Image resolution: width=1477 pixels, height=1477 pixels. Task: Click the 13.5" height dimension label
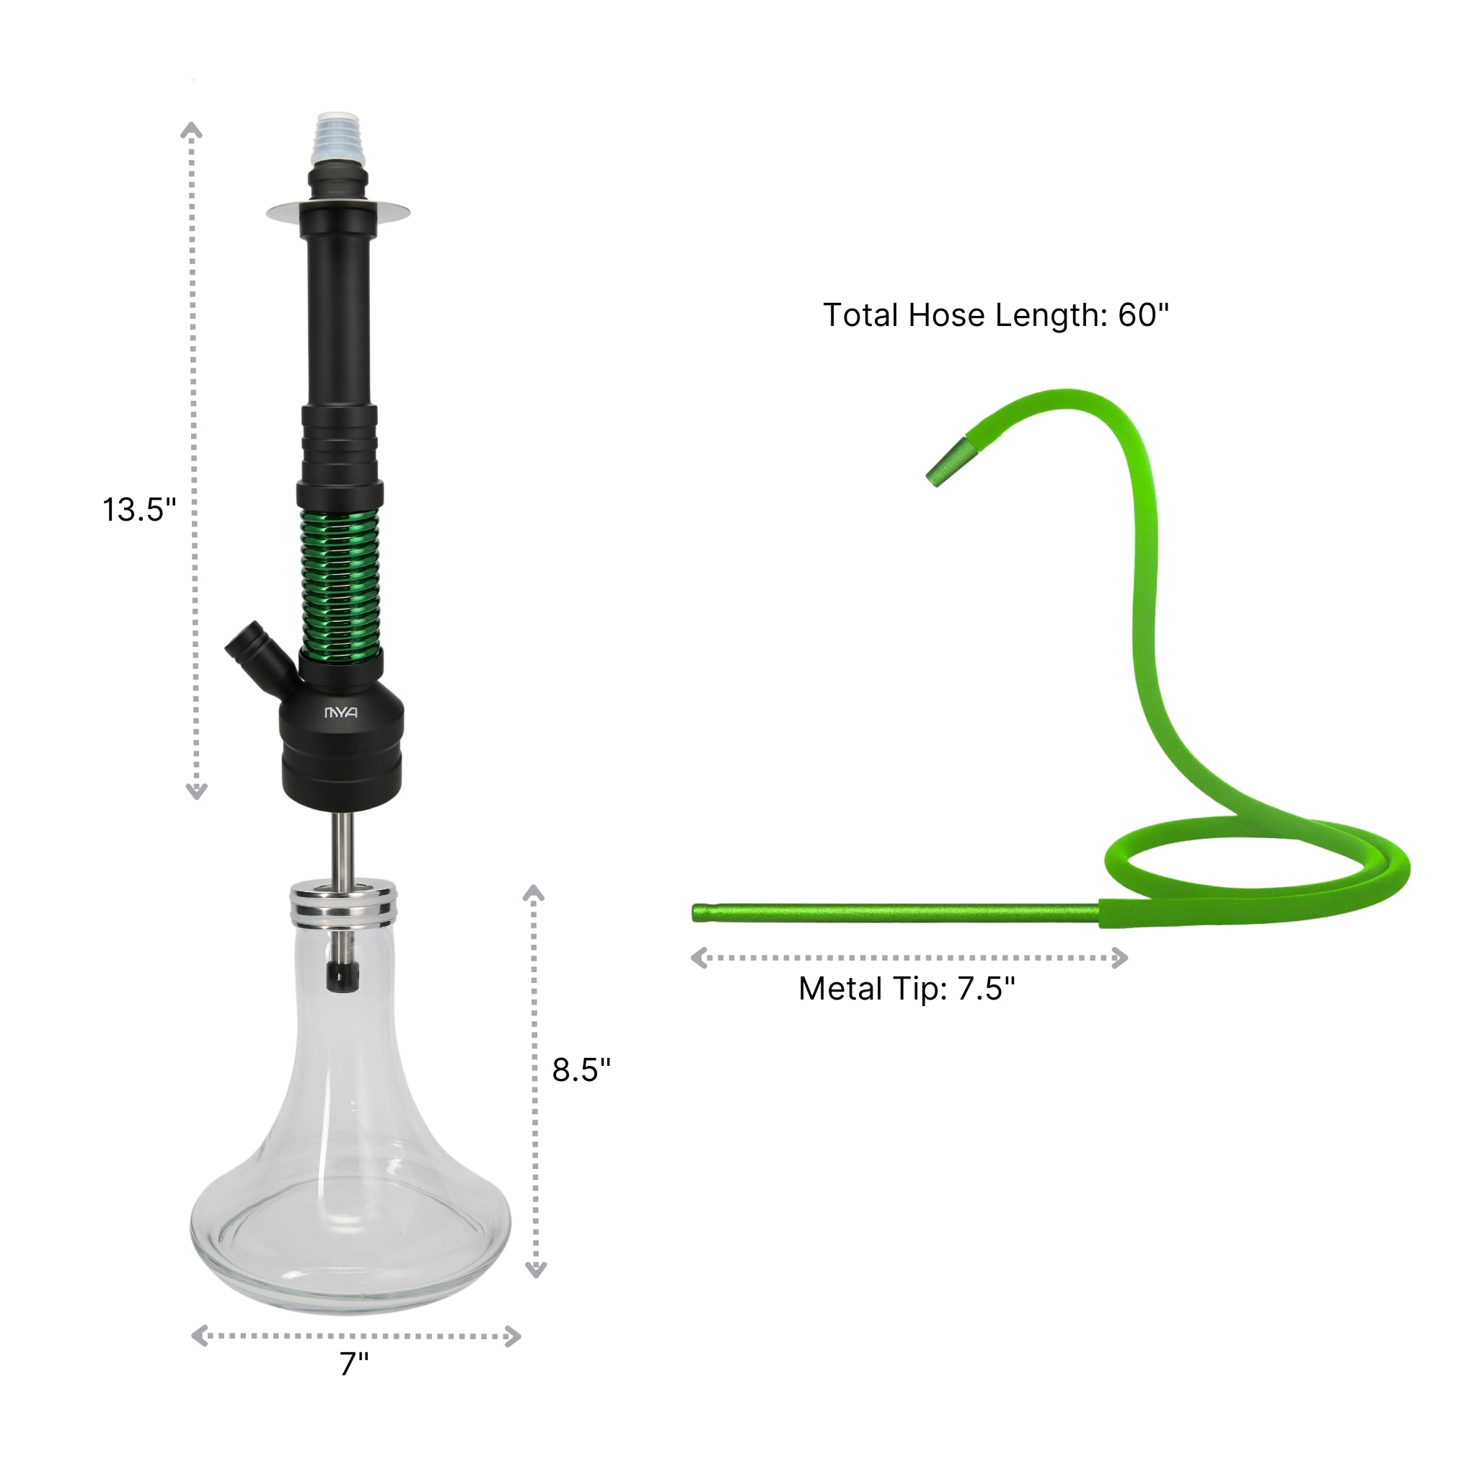[139, 510]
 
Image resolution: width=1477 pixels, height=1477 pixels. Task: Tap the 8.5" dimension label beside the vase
[581, 1070]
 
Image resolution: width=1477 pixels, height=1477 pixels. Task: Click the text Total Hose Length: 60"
[995, 315]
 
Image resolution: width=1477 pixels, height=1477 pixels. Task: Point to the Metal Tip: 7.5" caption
[907, 989]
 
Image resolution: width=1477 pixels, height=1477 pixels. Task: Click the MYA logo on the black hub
[341, 713]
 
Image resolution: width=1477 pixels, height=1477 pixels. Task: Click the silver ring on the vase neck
[343, 902]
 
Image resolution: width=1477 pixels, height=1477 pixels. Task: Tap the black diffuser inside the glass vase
[343, 976]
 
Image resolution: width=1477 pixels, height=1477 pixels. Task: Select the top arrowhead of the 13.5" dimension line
[191, 130]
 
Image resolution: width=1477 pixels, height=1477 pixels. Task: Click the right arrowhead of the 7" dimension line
[513, 1336]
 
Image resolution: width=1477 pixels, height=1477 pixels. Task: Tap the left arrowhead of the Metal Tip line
[699, 958]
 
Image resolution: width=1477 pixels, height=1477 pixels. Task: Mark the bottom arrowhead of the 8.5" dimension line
[536, 1271]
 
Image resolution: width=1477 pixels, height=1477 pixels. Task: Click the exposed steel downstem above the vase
[343, 845]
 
